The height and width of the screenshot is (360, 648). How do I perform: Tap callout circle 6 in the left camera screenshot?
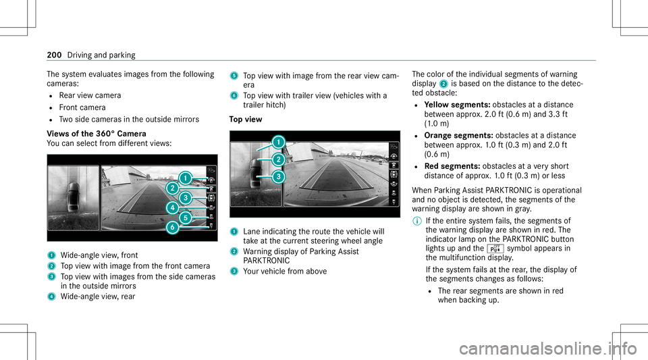173,228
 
